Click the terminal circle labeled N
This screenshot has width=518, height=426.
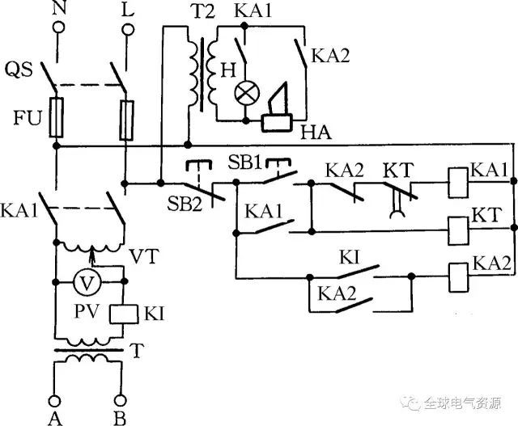57,27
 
